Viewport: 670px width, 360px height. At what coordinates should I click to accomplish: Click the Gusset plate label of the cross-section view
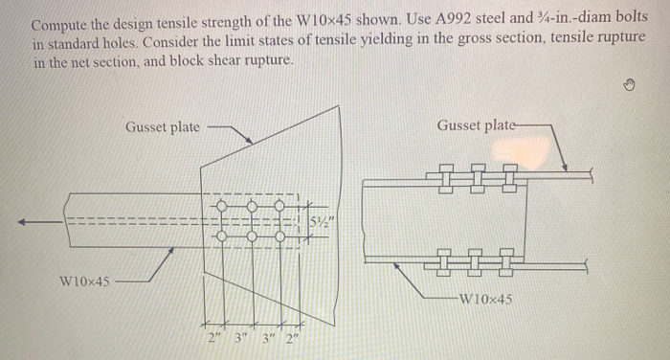[476, 125]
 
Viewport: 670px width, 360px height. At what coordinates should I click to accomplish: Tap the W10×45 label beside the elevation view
[83, 281]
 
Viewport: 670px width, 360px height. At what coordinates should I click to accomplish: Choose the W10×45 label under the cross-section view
[485, 299]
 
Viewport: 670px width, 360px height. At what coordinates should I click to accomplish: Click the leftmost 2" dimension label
[212, 337]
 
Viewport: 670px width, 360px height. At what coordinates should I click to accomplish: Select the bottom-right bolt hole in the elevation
[280, 236]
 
